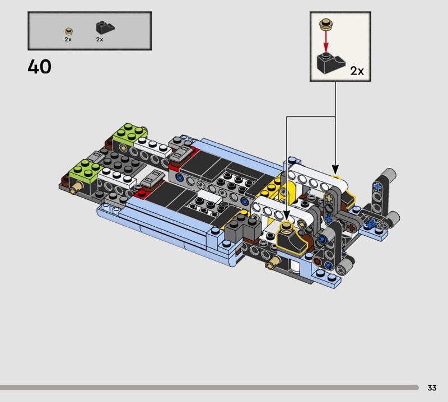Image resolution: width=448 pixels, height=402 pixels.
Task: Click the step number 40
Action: [x=39, y=67]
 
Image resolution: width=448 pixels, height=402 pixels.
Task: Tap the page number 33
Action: [x=432, y=387]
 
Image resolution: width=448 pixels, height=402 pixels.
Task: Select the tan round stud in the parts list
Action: [x=68, y=31]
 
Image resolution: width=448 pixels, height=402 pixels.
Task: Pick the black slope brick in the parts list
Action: [x=105, y=27]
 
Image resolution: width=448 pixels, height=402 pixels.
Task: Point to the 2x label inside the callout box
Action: [x=357, y=71]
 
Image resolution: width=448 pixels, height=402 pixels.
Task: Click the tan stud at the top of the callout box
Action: [x=326, y=24]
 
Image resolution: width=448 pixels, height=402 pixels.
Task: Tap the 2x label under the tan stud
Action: [x=68, y=39]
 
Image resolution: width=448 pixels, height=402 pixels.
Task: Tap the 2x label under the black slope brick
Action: [x=100, y=39]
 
